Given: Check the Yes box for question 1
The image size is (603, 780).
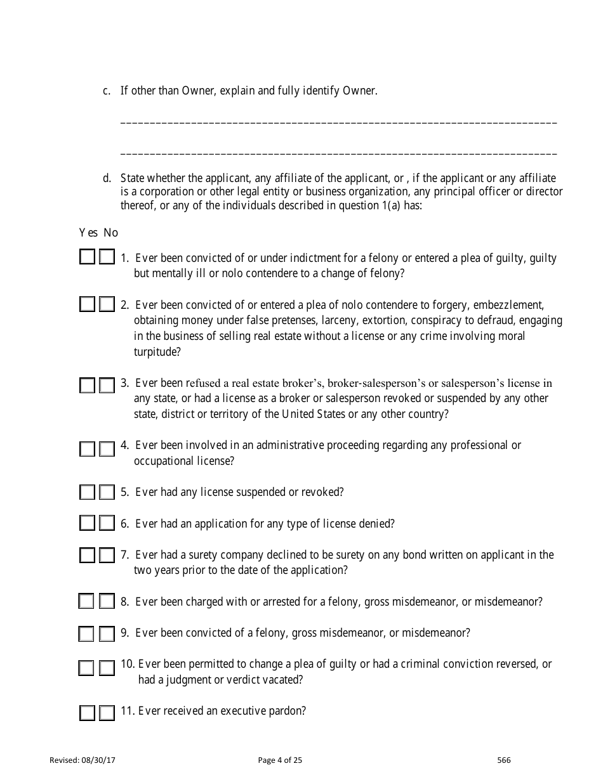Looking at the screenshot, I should [87, 257].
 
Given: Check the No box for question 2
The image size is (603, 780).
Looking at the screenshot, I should [107, 304].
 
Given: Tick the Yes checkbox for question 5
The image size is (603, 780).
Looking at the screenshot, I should [87, 492].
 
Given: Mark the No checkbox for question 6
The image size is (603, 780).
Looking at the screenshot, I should [107, 523].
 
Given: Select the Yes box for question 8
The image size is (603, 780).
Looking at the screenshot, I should [87, 601].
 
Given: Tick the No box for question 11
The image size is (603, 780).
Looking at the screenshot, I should [107, 713].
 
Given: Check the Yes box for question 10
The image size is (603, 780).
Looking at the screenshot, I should [87, 668].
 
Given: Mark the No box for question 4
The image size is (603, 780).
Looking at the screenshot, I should [107, 449].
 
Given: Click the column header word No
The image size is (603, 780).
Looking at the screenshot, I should [111, 233].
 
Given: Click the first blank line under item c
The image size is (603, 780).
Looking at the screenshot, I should [338, 121].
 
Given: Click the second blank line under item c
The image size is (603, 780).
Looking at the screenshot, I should [338, 153].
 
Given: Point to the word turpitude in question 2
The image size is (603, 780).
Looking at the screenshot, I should [154, 351].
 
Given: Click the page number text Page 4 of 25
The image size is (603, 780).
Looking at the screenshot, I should [281, 760].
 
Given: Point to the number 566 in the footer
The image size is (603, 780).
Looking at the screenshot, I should [504, 760].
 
